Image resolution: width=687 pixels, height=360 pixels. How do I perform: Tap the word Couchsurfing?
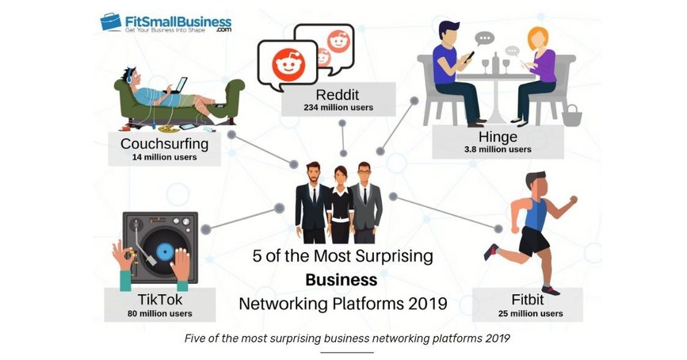164,144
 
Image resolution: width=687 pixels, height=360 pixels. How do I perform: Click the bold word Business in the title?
342,280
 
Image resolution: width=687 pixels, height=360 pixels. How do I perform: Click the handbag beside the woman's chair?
571,115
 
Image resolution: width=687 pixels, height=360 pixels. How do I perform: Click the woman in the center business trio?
341,205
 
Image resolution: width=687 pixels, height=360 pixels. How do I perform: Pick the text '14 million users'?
164,157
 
